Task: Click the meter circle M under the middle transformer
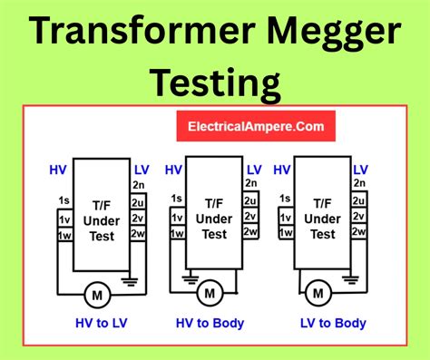(210, 292)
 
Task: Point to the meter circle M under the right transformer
(317, 292)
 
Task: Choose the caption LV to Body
(333, 323)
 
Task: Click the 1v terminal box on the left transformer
(64, 219)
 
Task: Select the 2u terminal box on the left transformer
(138, 202)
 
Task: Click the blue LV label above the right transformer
(361, 170)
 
